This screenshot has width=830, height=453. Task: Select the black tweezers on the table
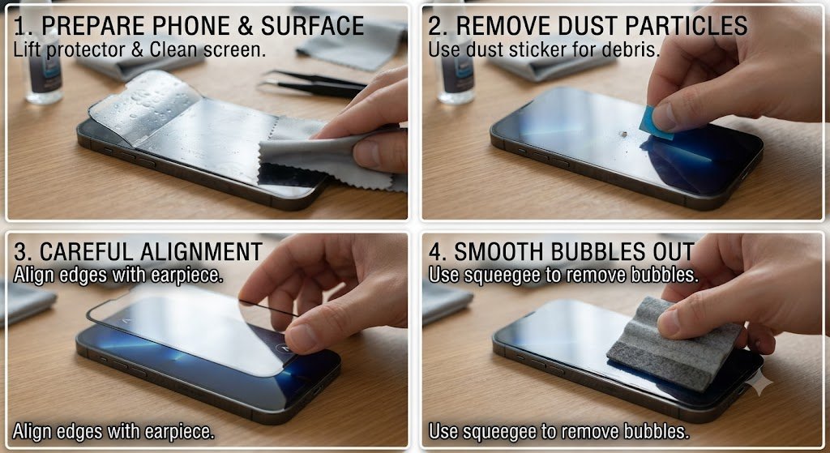(x=312, y=83)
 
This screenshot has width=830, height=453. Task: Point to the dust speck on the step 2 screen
(x=623, y=135)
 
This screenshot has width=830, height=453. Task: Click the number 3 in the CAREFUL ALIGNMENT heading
(x=19, y=252)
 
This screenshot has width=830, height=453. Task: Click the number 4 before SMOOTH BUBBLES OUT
(x=435, y=252)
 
